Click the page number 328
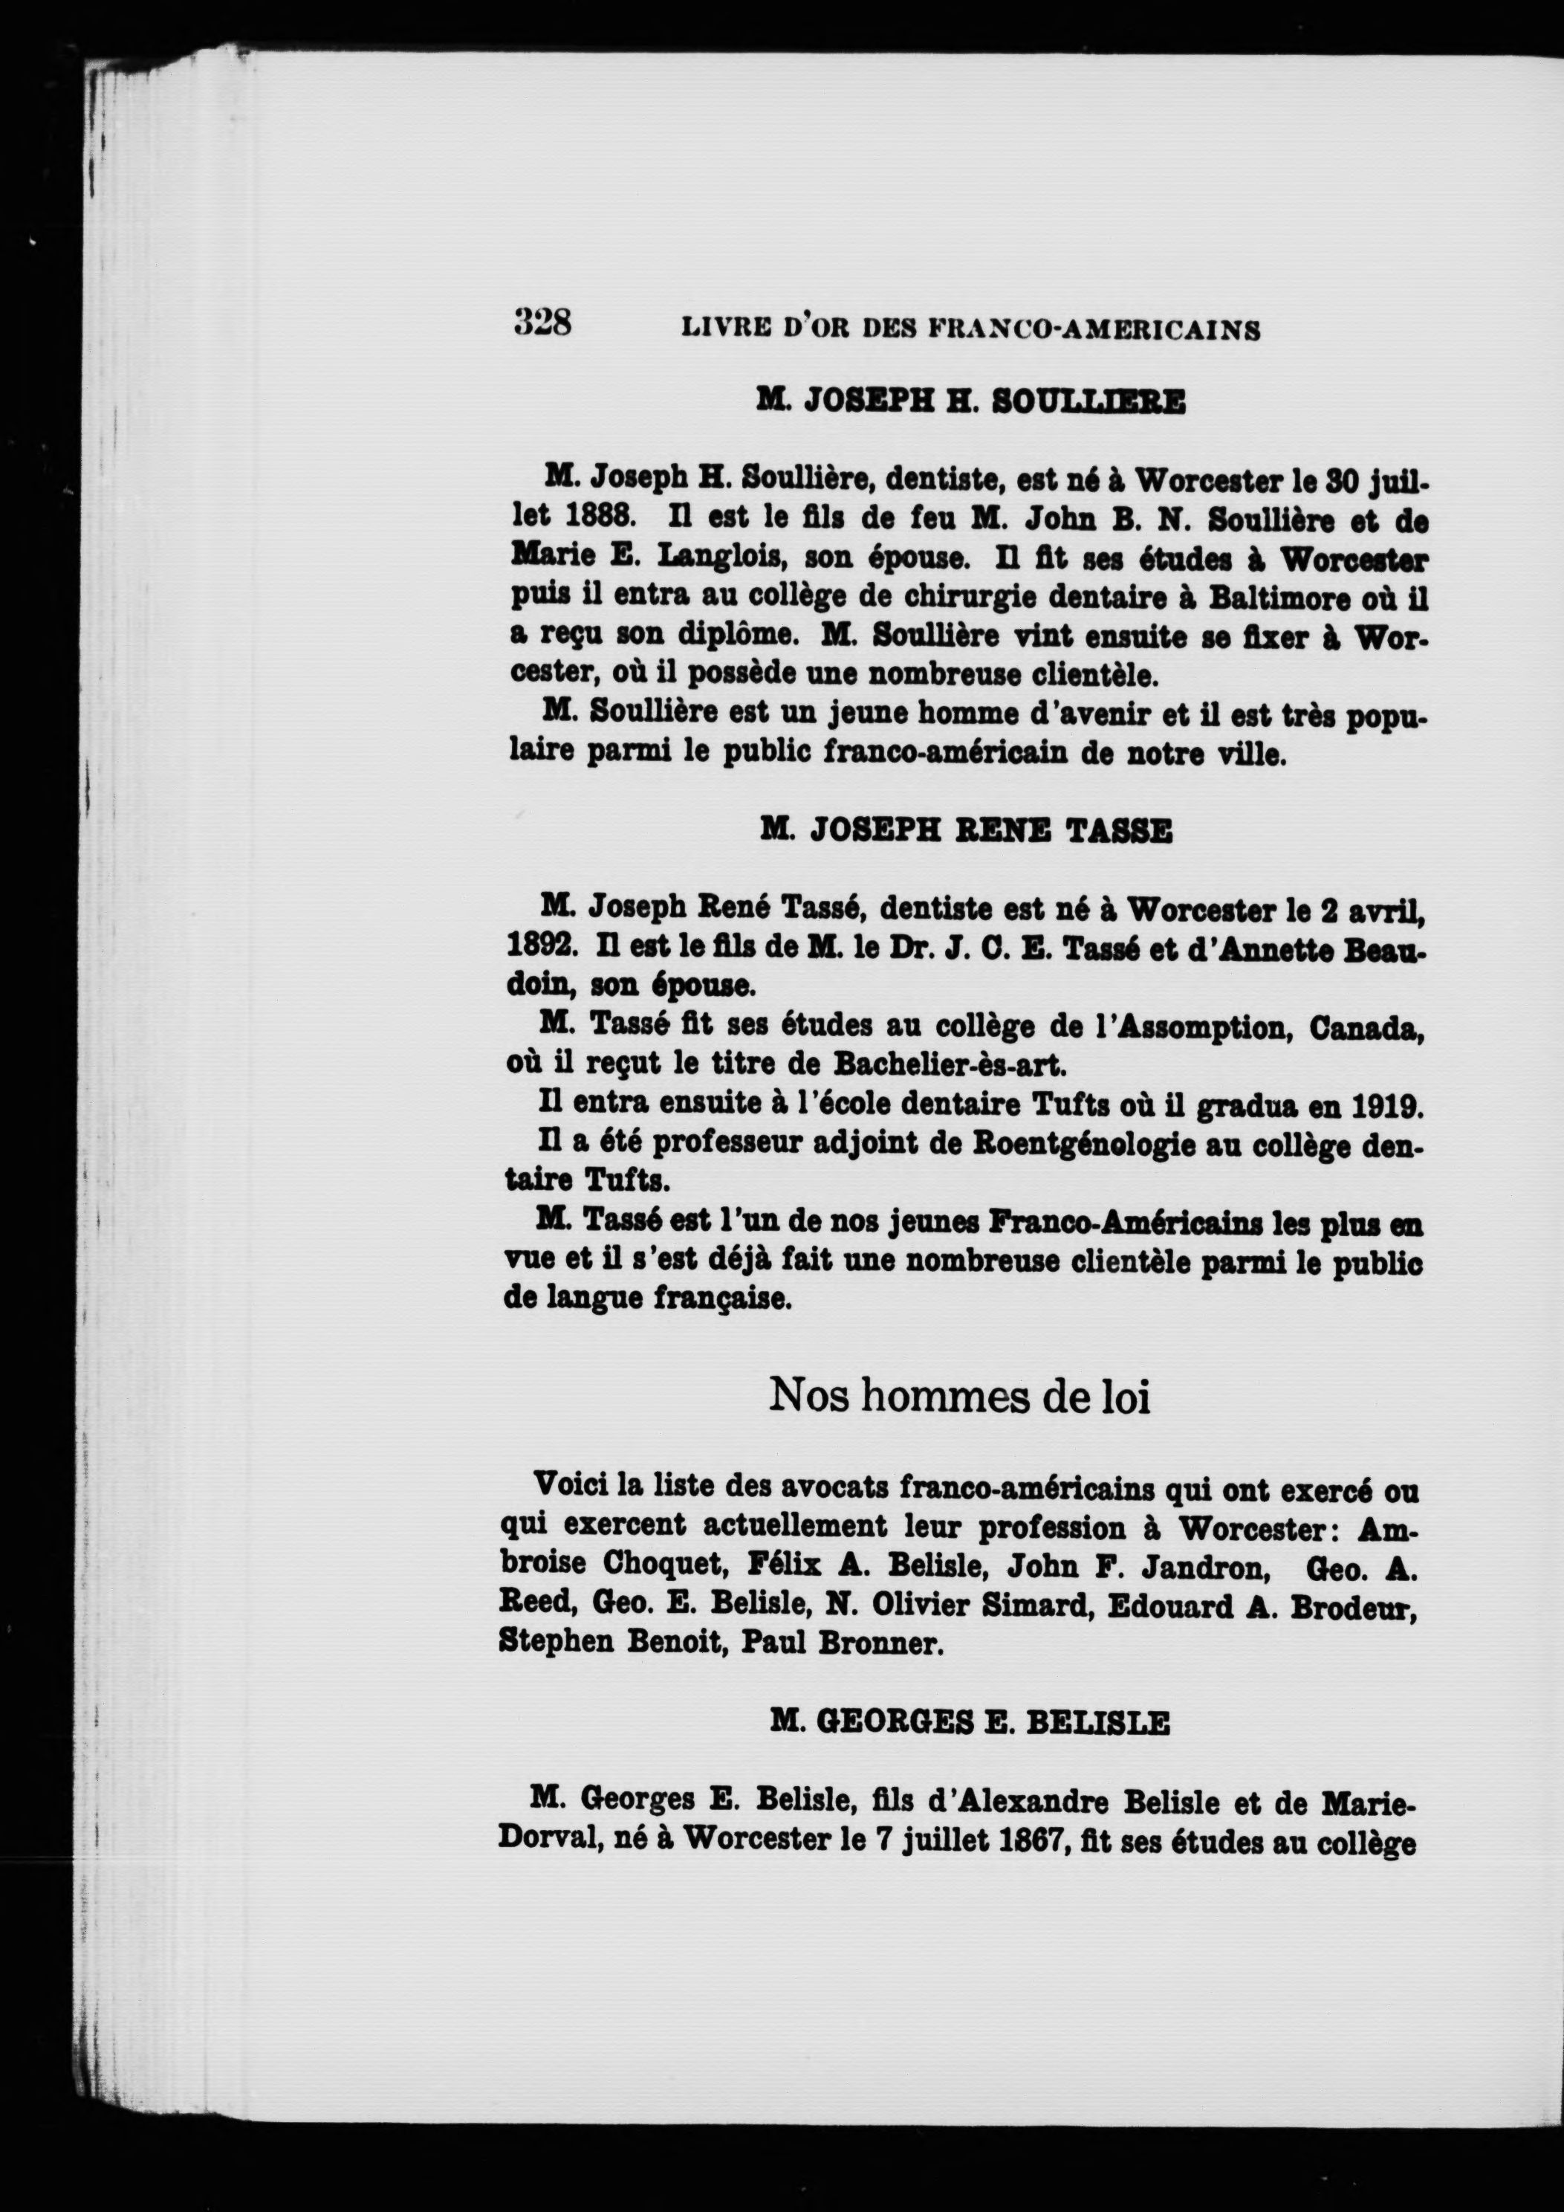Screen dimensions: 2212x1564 click(x=542, y=321)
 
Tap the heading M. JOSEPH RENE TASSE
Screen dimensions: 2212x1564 click(x=966, y=829)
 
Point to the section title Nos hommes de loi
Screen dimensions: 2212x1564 click(x=959, y=1396)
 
